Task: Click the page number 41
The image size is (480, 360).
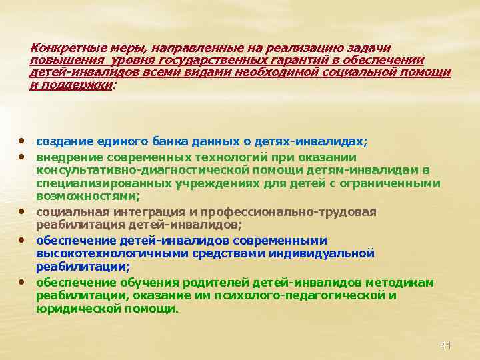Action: coord(446,345)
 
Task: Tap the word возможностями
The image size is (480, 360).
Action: coord(86,196)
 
